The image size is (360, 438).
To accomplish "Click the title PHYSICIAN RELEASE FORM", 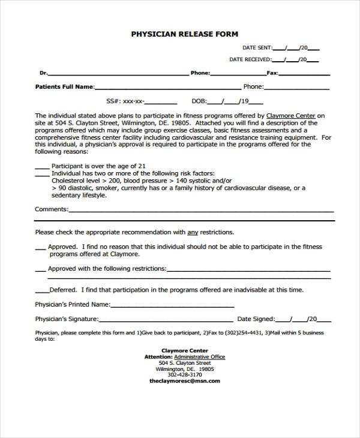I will tap(185, 34).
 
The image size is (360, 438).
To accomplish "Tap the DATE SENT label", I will tap(257, 47).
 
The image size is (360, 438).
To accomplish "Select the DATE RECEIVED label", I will tap(250, 59).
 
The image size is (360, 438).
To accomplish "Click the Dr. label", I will tap(43, 73).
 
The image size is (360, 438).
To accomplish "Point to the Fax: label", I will tap(272, 73).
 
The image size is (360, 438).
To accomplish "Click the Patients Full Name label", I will tap(65, 86).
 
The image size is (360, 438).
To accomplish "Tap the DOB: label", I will tap(199, 101).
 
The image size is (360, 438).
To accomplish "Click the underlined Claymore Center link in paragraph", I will tap(290, 116).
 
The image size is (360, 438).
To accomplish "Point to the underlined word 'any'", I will tap(193, 232).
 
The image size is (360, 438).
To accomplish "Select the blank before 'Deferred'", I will tap(40, 290).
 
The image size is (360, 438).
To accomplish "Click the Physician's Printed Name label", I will tap(73, 304).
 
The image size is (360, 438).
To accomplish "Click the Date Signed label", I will tap(256, 319).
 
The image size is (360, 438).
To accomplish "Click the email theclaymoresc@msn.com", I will tap(184, 380).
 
